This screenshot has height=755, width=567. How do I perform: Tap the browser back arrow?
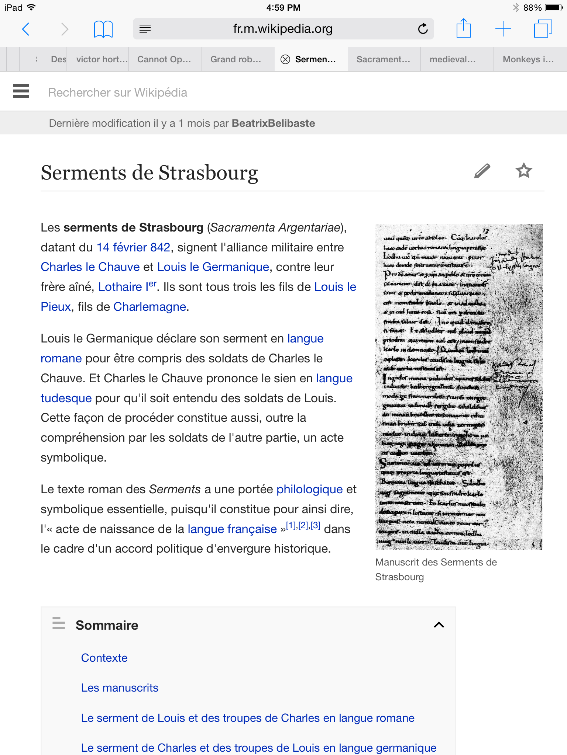point(26,29)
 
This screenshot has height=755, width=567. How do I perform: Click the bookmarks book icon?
point(103,29)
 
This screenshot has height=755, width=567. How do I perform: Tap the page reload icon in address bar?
point(423,29)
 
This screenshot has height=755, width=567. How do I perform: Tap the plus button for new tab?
point(503,29)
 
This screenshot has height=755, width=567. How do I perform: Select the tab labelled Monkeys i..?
point(528,59)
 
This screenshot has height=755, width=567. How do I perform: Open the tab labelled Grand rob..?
point(236,59)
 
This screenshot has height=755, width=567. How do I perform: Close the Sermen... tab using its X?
point(285,59)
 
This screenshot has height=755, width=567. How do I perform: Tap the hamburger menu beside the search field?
point(21,91)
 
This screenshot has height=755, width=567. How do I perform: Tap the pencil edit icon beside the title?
point(482,171)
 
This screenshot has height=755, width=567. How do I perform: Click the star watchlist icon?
point(523,171)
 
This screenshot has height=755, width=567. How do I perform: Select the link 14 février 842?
point(133,247)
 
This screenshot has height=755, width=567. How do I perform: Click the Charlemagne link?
point(150,307)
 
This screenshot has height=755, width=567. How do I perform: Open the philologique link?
point(309,489)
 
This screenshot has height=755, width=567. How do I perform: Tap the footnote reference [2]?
point(303,526)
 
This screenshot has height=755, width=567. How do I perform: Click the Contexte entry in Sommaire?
point(104,658)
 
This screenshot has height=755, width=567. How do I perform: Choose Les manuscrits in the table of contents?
point(120,688)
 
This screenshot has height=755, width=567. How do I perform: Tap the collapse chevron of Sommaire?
point(439,625)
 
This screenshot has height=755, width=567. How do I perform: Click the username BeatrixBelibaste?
point(273,123)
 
